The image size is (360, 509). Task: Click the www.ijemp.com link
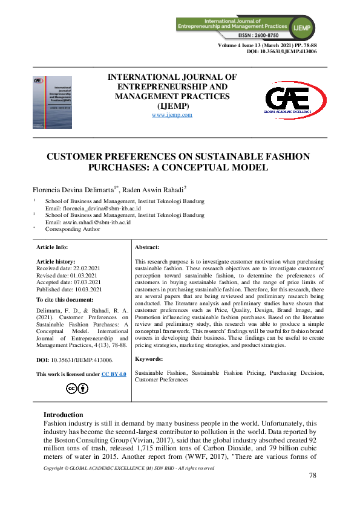[172, 114]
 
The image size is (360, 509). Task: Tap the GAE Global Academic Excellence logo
[296, 99]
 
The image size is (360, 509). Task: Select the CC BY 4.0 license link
[113, 375]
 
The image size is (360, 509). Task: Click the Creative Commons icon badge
[79, 388]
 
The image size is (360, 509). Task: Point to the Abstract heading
[147, 247]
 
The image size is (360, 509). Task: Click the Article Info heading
[52, 247]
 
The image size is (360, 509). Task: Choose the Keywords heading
[149, 358]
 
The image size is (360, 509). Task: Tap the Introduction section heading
[63, 415]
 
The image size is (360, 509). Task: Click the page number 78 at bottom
[313, 476]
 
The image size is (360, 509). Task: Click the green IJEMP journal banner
[252, 24]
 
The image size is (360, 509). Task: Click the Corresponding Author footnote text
[73, 229]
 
